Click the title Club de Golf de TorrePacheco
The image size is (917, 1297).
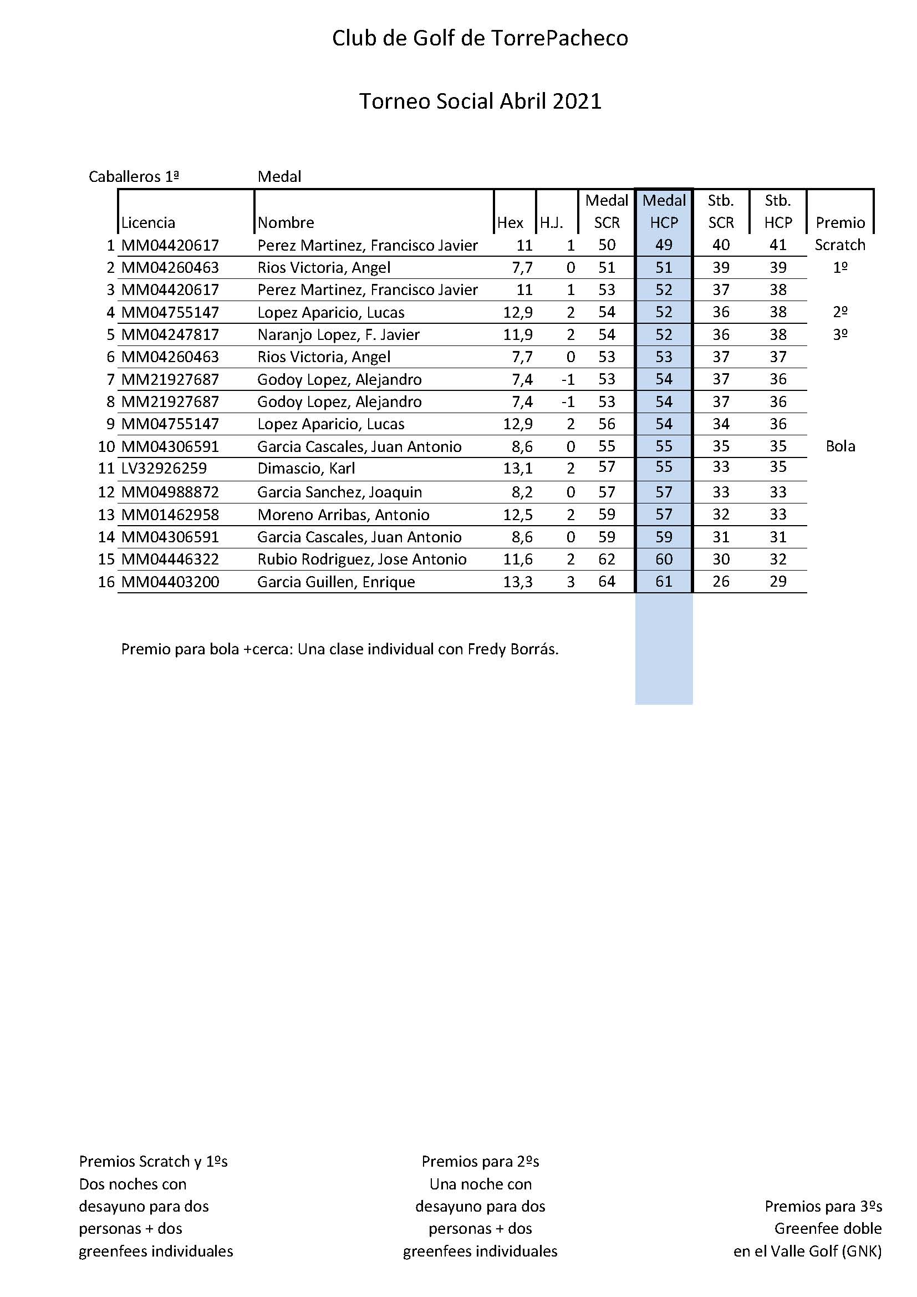tap(480, 38)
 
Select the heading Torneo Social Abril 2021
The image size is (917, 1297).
tap(480, 101)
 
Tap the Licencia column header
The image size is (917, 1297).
tap(148, 222)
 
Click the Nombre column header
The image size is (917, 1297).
tap(286, 222)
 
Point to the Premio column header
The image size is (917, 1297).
tap(839, 222)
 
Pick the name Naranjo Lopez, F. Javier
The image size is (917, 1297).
tap(338, 334)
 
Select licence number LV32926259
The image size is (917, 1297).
tap(164, 469)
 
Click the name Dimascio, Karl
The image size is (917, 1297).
tap(306, 469)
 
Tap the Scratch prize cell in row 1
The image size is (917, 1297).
tap(839, 245)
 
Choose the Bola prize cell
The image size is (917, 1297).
tap(839, 446)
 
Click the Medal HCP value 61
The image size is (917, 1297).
tap(664, 581)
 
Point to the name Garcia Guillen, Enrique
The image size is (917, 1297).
tap(336, 582)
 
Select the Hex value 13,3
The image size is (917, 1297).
tap(518, 582)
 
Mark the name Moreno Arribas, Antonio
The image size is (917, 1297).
tap(343, 515)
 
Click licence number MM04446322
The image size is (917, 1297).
tap(170, 560)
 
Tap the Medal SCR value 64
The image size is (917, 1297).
tap(607, 581)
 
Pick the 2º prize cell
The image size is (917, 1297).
tap(839, 312)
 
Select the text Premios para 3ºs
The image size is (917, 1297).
tap(823, 1206)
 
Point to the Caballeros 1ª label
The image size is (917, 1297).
tap(134, 177)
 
